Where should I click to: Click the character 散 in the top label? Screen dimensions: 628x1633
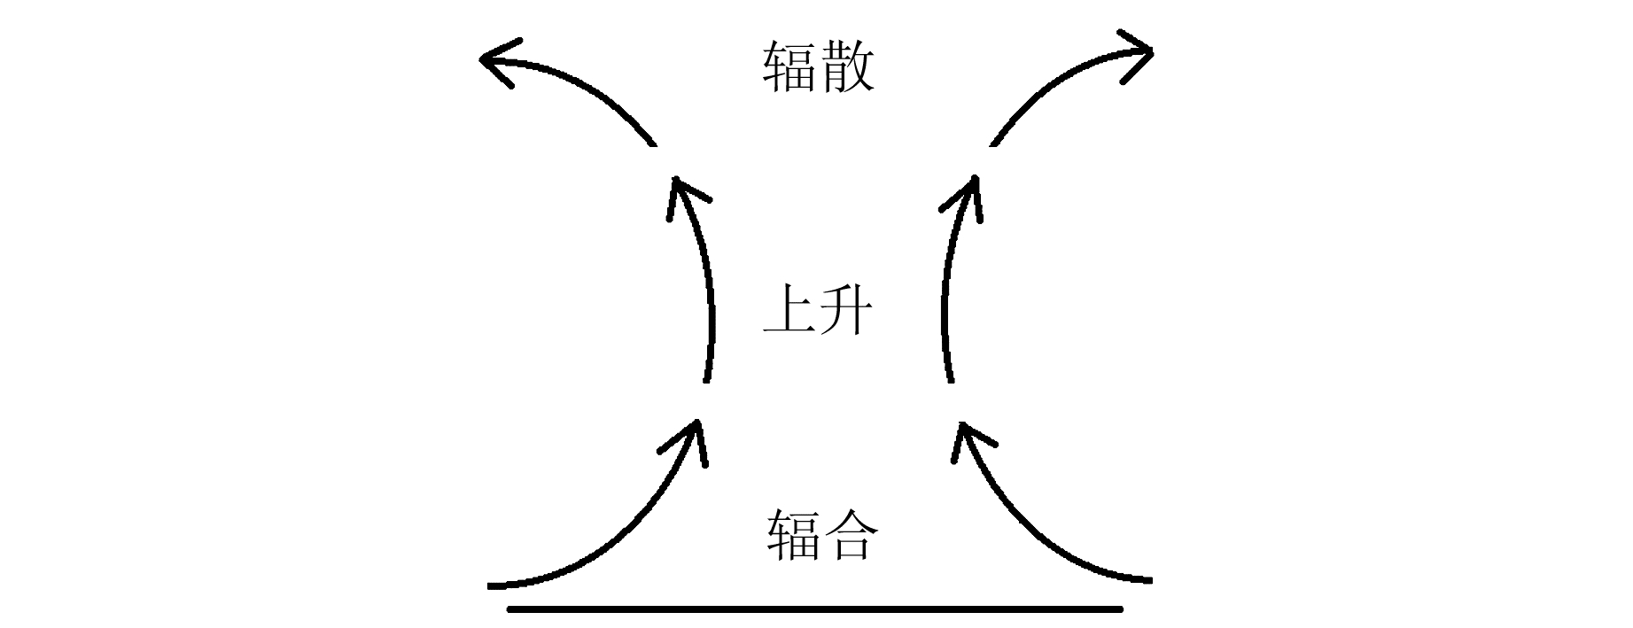point(847,67)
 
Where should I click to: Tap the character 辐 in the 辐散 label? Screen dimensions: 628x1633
point(789,67)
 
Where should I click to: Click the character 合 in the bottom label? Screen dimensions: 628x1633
point(850,535)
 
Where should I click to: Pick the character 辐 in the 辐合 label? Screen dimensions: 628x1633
point(791,535)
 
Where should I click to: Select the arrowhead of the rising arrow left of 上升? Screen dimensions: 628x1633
point(677,181)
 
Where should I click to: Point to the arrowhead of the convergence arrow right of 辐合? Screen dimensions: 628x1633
point(962,426)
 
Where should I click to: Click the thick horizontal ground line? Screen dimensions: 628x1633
point(815,609)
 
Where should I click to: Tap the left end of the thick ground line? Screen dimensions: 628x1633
point(510,609)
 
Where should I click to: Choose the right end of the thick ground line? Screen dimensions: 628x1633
point(1120,609)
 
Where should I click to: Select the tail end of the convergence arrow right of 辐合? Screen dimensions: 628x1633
point(1149,581)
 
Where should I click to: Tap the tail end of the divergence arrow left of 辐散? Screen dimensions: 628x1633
point(653,143)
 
